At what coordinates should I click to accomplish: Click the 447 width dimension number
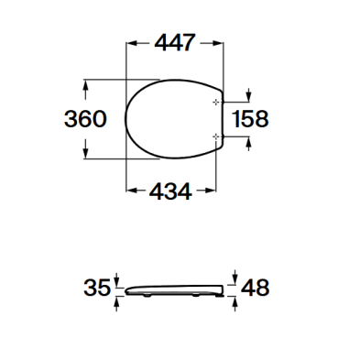[x=174, y=43]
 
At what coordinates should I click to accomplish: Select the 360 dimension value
[x=85, y=118]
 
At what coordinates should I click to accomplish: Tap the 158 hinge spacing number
[x=250, y=118]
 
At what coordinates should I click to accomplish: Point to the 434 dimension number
[x=170, y=191]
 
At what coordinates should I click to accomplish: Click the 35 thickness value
[x=97, y=288]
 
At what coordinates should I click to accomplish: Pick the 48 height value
[x=256, y=288]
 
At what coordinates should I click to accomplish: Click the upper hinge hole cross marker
[x=216, y=102]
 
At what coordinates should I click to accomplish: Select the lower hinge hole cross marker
[x=216, y=136]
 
